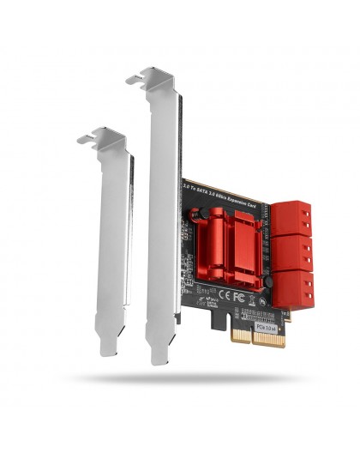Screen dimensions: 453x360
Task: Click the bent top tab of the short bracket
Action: (99, 136)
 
